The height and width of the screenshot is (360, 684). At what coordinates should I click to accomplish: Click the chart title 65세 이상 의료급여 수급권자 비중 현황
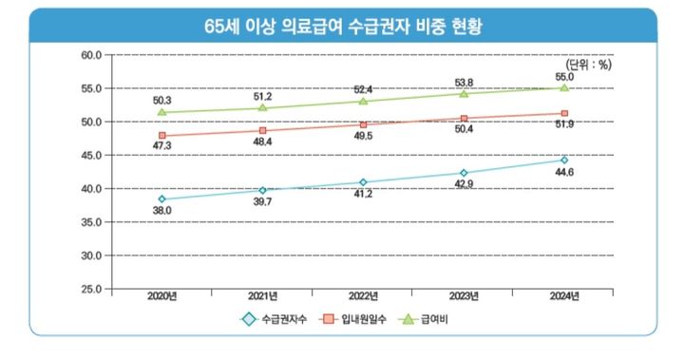point(342,26)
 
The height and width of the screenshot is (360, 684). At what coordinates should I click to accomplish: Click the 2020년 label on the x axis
point(162,297)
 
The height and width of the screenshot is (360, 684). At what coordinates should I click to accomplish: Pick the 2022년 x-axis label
point(364,297)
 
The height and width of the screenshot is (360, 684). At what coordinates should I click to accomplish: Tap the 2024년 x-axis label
point(564,297)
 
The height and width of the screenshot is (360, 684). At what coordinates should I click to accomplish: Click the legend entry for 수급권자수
point(277,320)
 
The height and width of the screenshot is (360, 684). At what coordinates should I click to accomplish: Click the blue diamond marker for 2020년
point(162,199)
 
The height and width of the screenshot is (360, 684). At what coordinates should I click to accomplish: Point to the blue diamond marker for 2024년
point(564,160)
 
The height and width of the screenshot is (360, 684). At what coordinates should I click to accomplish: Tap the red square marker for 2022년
point(364,124)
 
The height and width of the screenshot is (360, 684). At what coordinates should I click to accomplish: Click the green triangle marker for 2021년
point(263,107)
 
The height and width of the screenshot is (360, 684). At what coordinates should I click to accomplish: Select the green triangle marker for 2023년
point(464,93)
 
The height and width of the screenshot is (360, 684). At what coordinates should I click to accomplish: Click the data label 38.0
point(161,211)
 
